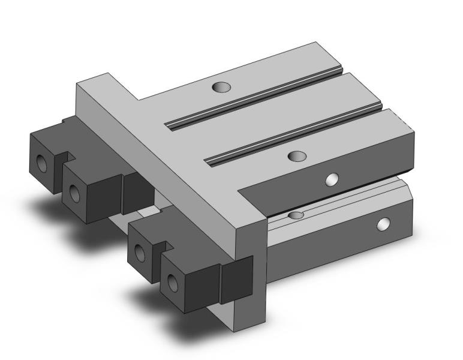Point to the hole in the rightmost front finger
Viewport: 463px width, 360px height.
tap(173, 281)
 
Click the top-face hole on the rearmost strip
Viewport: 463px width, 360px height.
tap(221, 87)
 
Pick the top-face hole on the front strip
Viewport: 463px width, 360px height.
tap(296, 156)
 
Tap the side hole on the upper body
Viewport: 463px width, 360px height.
tap(330, 179)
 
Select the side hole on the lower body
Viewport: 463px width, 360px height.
tap(382, 225)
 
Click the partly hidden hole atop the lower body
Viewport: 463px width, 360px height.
tap(296, 215)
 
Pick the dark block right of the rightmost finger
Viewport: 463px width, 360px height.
tap(237, 279)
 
